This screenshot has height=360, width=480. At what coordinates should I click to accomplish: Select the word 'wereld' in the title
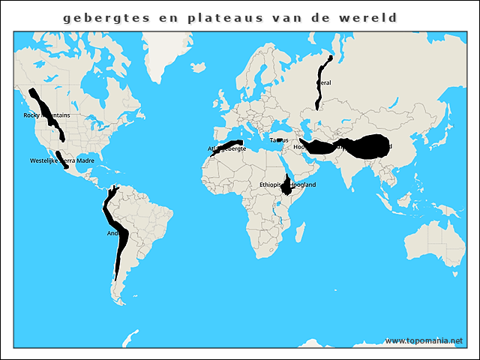[x=368, y=16]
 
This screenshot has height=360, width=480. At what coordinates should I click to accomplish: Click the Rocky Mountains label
[x=46, y=115]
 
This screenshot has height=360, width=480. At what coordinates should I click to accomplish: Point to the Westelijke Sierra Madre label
[x=62, y=160]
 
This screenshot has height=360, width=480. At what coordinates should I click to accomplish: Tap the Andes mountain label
[x=114, y=233]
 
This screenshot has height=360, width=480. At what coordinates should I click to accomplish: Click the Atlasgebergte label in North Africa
[x=227, y=149]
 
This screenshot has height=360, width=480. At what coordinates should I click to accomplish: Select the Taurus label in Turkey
[x=279, y=140]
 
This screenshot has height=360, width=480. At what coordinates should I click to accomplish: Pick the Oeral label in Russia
[x=325, y=82]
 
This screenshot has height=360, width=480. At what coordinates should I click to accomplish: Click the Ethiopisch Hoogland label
[x=287, y=184]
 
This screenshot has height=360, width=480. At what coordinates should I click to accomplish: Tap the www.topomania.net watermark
[x=424, y=341]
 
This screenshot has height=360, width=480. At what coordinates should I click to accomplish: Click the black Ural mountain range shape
[x=321, y=90]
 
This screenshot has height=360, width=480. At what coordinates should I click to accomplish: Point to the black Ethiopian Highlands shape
[x=287, y=187]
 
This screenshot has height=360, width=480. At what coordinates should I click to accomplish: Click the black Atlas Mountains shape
[x=229, y=144]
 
